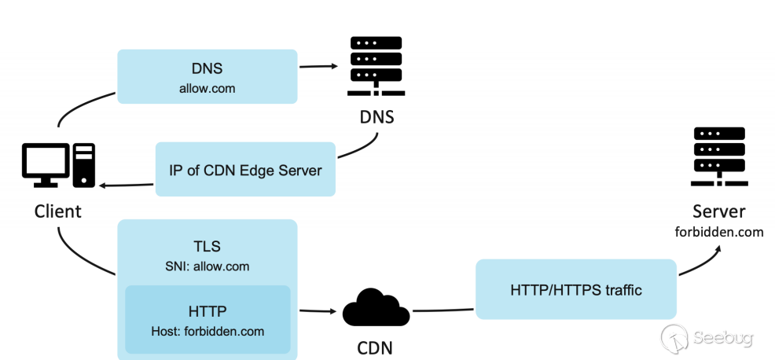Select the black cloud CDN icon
[376, 308]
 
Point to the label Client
[57, 211]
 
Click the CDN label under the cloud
[376, 347]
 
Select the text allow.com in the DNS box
[207, 89]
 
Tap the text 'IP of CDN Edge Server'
[245, 170]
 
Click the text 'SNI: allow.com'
[207, 266]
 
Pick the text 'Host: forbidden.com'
[208, 331]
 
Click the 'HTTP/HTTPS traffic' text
[576, 290]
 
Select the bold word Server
[719, 211]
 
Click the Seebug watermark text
[724, 339]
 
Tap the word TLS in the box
[207, 246]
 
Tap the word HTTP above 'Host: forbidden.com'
[208, 311]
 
